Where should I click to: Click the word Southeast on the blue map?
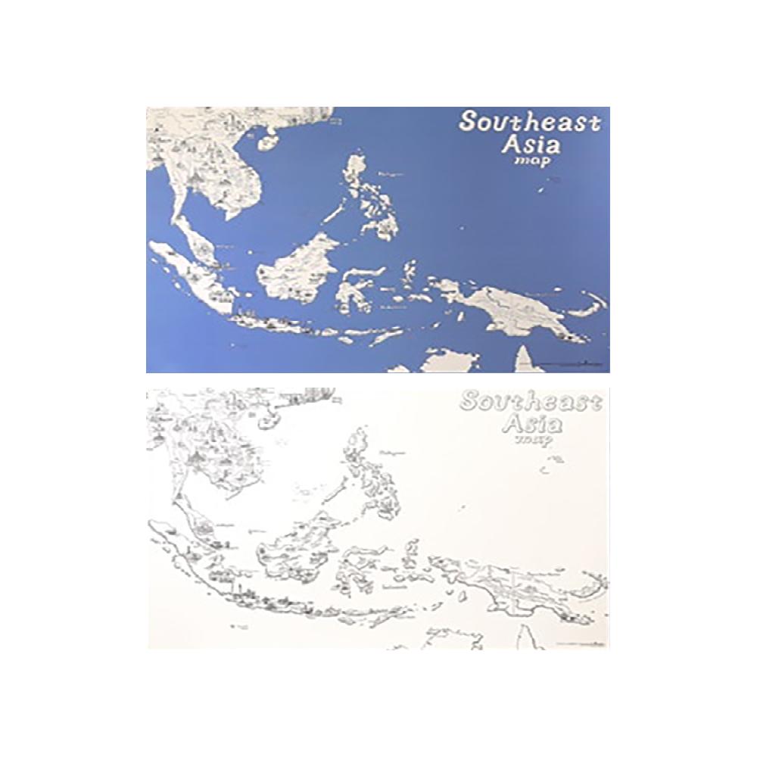[x=530, y=122]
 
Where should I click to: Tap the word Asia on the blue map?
[x=534, y=144]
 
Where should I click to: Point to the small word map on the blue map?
[x=532, y=160]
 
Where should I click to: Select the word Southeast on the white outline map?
[x=530, y=401]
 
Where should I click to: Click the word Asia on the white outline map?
[x=534, y=422]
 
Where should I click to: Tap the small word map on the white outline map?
[x=532, y=439]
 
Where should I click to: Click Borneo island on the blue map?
[x=297, y=269]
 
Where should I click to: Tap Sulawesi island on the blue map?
[x=352, y=291]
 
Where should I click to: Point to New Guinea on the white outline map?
[x=515, y=587]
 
